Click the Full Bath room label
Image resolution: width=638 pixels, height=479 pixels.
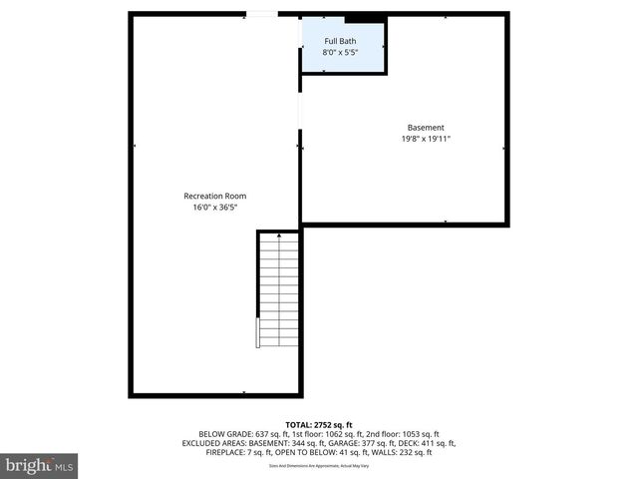click(339, 41)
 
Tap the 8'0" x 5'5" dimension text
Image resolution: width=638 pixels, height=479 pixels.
click(339, 53)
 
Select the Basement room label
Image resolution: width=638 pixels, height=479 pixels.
click(426, 127)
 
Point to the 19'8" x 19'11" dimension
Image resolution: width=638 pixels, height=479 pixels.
click(426, 139)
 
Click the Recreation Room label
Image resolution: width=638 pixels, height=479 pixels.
click(214, 196)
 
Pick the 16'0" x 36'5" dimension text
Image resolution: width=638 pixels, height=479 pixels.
click(214, 208)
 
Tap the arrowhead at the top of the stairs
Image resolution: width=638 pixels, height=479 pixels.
click(279, 237)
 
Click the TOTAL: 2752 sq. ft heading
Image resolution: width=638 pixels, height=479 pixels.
click(318, 424)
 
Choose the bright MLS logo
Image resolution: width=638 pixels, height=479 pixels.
click(40, 465)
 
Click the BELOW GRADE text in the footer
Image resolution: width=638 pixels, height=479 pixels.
click(227, 434)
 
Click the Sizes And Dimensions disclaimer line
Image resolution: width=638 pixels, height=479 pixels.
click(318, 465)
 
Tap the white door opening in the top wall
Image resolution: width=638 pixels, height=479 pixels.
click(262, 14)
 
